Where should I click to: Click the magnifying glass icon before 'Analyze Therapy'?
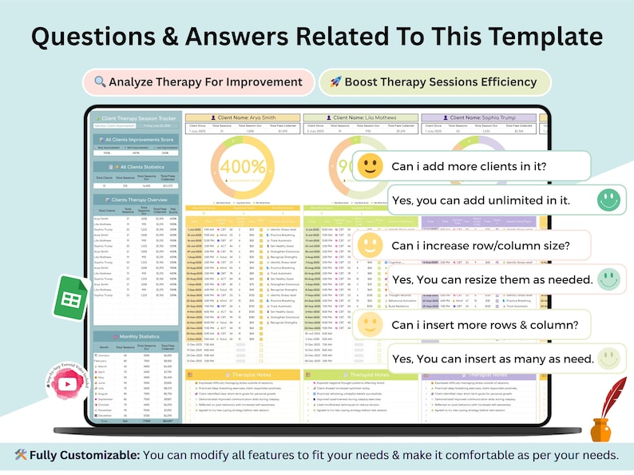pyautogui.click(x=100, y=82)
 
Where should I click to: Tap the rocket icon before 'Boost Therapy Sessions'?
pyautogui.click(x=335, y=82)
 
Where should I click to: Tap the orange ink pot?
pyautogui.click(x=600, y=429)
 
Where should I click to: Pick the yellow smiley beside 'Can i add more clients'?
pyautogui.click(x=370, y=166)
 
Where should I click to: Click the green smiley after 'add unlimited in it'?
pyautogui.click(x=608, y=200)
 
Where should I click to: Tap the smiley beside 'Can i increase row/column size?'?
pyautogui.click(x=370, y=244)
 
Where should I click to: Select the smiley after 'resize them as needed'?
pyautogui.click(x=608, y=279)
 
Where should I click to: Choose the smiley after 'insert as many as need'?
pyautogui.click(x=608, y=358)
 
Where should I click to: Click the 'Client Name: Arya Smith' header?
pyautogui.click(x=243, y=117)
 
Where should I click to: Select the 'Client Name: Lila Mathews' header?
pyautogui.click(x=361, y=117)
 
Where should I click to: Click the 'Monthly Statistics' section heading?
pyautogui.click(x=138, y=337)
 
